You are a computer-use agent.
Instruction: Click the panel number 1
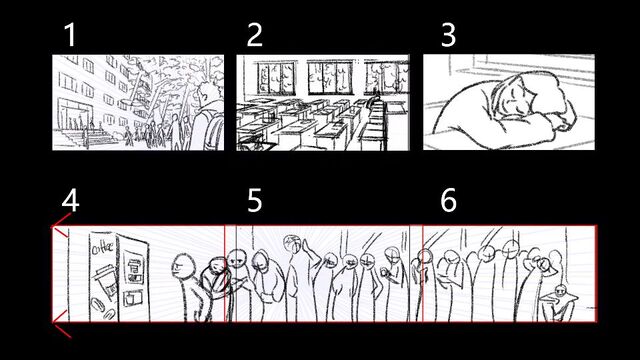tap(70, 35)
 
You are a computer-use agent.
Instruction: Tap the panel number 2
tap(255, 35)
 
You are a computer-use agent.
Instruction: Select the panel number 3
tap(448, 35)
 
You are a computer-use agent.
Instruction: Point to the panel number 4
tap(70, 200)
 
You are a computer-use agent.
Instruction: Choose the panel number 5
tap(255, 200)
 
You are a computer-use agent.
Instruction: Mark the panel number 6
tap(449, 200)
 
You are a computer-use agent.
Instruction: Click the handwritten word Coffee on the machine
tap(102, 248)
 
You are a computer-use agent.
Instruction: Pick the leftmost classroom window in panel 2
tap(276, 78)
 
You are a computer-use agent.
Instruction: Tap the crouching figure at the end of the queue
tap(559, 303)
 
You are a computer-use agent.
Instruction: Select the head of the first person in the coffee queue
tap(181, 267)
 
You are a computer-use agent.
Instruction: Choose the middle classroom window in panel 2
tap(330, 77)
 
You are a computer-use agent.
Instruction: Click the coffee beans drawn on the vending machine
tap(103, 308)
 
